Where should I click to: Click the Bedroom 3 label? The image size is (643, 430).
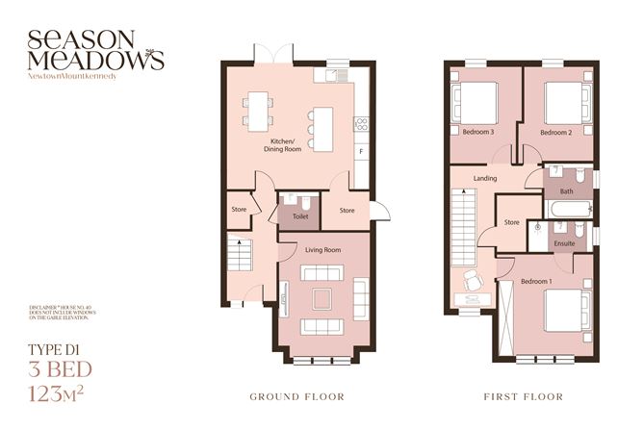(477, 132)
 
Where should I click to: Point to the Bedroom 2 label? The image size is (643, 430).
(556, 132)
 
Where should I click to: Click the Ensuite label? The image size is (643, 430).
(567, 244)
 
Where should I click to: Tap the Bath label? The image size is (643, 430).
(566, 191)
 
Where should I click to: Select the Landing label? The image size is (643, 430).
(485, 179)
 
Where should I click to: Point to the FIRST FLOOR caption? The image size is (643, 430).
(523, 395)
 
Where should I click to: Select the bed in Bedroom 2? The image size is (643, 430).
(560, 99)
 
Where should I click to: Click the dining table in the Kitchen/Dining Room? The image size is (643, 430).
(258, 107)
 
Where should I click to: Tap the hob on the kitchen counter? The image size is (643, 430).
(362, 123)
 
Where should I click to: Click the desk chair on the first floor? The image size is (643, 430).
(471, 281)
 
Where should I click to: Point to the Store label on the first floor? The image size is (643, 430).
(512, 223)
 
